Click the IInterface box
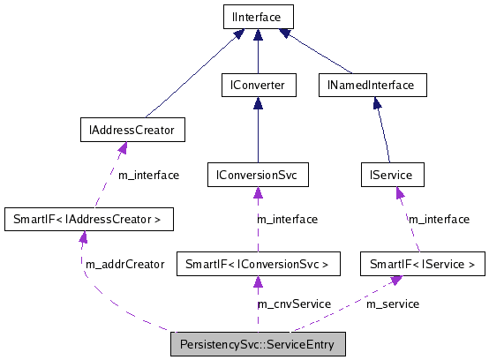click(x=257, y=17)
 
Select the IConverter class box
click(x=257, y=86)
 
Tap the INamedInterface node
click(x=372, y=86)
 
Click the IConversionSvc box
click(x=257, y=175)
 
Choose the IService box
click(x=392, y=175)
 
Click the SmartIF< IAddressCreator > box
click(x=88, y=218)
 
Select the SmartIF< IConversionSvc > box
click(x=258, y=263)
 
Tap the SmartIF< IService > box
click(x=422, y=263)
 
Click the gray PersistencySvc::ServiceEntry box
click(x=258, y=341)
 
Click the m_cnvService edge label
click(x=293, y=304)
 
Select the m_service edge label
click(x=392, y=304)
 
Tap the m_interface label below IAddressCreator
click(x=148, y=175)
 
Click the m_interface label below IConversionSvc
click(x=287, y=219)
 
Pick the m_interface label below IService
click(x=439, y=219)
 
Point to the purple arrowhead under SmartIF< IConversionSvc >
click(x=258, y=281)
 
